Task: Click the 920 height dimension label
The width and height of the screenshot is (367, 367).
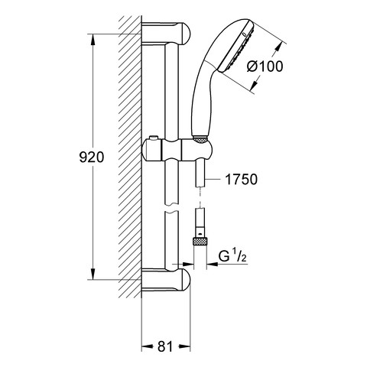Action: point(92,157)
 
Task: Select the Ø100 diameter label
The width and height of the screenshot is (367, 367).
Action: point(265,67)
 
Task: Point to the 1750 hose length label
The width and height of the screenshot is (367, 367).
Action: point(242,180)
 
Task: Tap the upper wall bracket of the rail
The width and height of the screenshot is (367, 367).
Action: point(166,33)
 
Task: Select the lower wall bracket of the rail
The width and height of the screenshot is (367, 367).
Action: point(166,279)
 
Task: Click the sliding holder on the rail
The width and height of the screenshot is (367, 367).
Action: point(177,151)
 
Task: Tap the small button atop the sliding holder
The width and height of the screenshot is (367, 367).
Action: point(154,138)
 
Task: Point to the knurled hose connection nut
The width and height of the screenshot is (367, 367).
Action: point(200,241)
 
